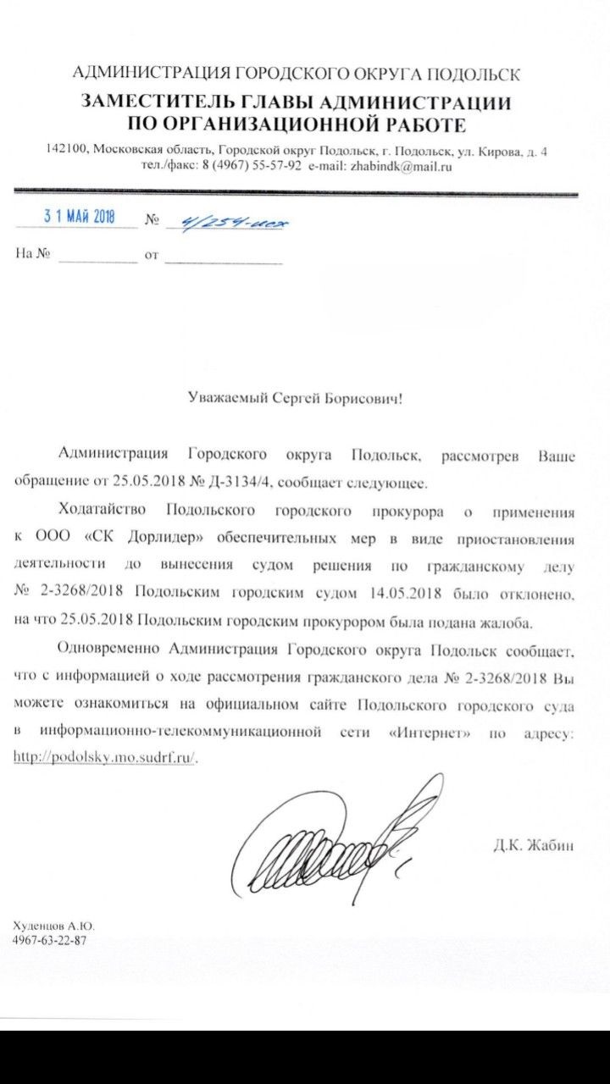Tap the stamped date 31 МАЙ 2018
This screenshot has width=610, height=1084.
click(79, 217)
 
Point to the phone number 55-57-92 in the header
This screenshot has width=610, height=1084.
click(276, 167)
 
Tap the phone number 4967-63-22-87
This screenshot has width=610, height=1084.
click(50, 940)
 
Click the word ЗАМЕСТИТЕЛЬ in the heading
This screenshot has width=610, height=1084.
click(147, 103)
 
